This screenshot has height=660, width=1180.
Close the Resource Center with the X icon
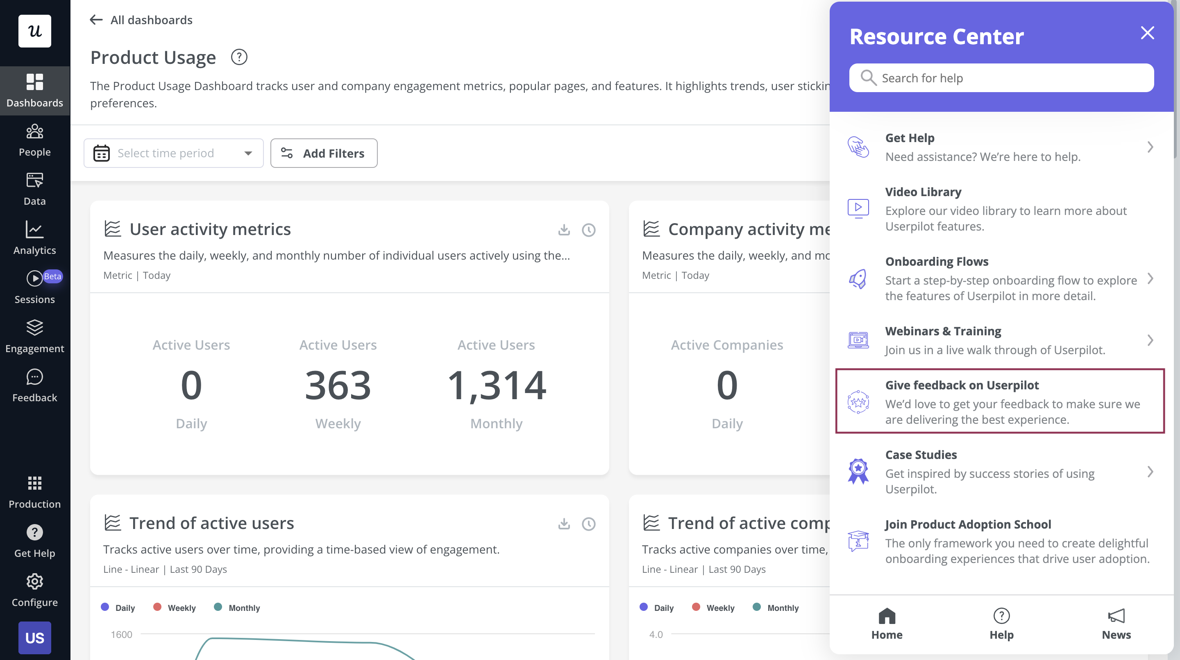(1147, 33)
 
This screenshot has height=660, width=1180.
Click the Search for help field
(1001, 78)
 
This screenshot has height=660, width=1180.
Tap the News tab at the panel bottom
(1116, 624)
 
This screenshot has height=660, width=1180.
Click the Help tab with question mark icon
(1001, 624)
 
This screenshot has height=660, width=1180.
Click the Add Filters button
(324, 153)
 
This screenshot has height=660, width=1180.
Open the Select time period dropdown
(173, 153)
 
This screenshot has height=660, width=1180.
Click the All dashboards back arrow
(96, 20)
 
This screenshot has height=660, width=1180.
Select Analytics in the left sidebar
(35, 237)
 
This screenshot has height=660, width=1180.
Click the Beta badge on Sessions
(53, 276)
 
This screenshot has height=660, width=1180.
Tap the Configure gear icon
(35, 582)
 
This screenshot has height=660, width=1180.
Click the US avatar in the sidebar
(35, 637)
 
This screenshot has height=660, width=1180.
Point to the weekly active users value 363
(338, 385)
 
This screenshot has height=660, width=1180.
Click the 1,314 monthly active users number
(496, 385)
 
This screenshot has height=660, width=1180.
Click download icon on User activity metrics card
(564, 230)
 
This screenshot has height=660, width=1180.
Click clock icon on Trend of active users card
(589, 524)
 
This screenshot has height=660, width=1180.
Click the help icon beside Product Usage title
(238, 57)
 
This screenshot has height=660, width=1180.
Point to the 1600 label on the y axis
(121, 634)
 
